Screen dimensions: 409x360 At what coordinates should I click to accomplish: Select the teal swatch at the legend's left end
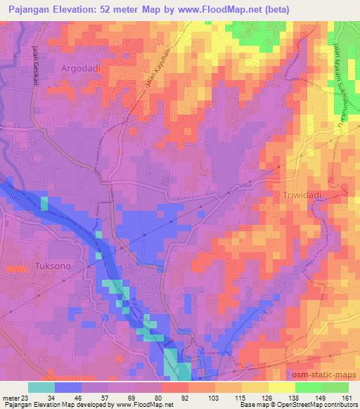[x=41, y=387]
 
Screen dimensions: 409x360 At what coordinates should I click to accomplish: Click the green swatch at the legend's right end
[x=335, y=387]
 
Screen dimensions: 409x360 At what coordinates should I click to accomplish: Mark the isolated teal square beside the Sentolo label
[x=44, y=204]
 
